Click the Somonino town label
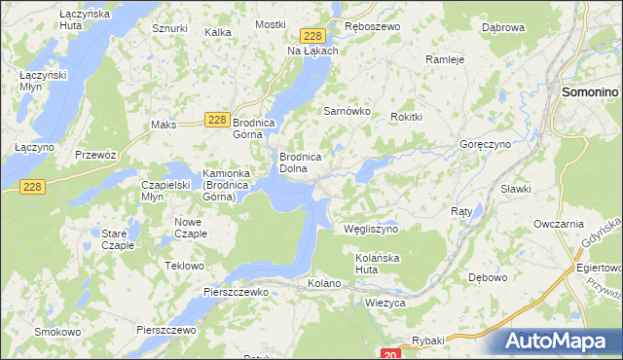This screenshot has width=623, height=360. (591, 91)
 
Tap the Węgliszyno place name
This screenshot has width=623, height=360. (372, 230)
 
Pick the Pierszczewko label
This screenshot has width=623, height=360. (236, 291)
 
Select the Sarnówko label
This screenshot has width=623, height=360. (348, 111)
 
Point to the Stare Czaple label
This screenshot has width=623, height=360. (118, 239)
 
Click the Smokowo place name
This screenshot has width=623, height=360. (57, 332)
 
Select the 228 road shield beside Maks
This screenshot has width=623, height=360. (218, 120)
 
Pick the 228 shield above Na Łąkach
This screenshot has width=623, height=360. (311, 35)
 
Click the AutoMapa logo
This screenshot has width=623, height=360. (560, 342)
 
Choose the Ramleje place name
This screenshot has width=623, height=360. (444, 59)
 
